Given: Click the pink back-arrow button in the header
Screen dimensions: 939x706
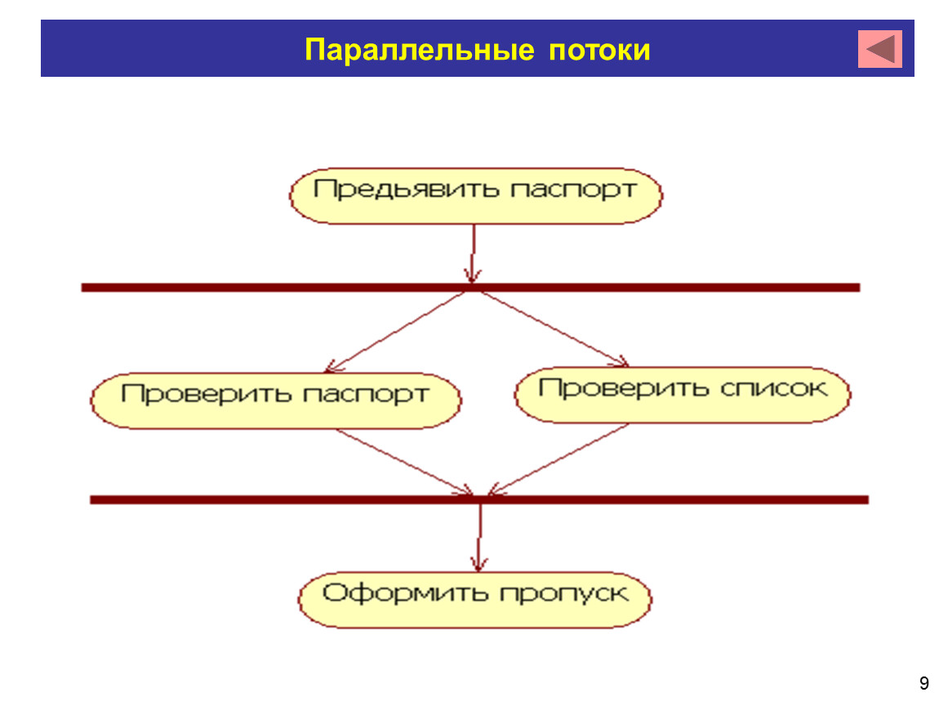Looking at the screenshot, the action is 879,48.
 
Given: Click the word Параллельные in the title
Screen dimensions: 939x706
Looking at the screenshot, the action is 419,50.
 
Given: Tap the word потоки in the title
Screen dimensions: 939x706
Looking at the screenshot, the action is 599,50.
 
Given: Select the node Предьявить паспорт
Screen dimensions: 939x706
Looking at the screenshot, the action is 475,196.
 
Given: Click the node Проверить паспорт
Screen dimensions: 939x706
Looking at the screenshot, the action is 275,400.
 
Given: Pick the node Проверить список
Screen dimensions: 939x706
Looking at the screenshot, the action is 682,395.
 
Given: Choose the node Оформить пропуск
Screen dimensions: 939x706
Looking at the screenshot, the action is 475,600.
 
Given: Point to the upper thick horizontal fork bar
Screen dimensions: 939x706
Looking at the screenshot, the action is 470,288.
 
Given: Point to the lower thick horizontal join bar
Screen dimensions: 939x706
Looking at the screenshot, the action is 479,500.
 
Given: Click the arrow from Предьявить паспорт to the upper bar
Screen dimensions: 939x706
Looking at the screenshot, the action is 473,253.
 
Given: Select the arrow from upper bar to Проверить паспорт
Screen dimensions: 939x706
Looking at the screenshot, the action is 396,332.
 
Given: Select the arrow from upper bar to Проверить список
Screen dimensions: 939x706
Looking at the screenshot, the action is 554,329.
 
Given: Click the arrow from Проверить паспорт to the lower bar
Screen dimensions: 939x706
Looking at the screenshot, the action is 404,462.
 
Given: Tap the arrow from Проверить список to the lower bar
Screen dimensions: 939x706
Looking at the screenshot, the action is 559,459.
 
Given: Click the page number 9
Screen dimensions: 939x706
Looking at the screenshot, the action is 924,683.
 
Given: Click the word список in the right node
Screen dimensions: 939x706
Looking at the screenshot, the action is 774,388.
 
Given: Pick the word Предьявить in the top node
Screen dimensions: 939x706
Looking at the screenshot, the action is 406,190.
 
